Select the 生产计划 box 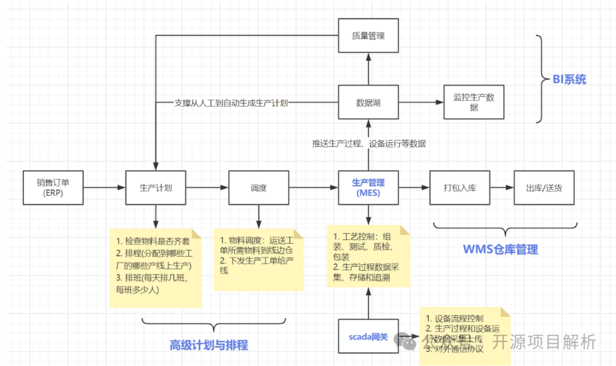coord(156,187)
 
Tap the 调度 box coord(258,187)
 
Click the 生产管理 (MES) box coord(368,187)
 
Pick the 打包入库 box coord(460,187)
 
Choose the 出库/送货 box coord(543,187)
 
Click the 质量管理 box coord(368,36)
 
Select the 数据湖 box coord(368,103)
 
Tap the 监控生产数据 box coord(474,103)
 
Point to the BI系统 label coord(569,80)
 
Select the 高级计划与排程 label coord(209,345)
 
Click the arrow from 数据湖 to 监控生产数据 coord(421,103)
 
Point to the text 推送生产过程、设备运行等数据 coord(368,143)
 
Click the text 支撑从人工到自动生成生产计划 coord(230,103)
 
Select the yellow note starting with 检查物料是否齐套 coord(155,268)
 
